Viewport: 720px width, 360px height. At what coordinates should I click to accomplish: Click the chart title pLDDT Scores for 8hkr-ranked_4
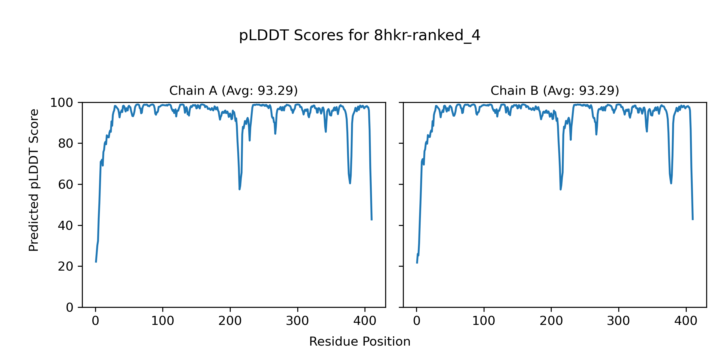360,36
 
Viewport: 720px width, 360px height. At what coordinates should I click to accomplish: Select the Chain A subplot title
233,91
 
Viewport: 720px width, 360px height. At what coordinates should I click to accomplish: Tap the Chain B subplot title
555,91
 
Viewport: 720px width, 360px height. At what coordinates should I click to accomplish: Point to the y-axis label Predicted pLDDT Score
34,180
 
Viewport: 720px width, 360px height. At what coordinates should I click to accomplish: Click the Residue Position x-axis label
360,342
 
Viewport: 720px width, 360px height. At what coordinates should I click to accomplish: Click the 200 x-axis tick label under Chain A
230,321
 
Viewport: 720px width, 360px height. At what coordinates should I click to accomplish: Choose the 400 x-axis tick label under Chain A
365,321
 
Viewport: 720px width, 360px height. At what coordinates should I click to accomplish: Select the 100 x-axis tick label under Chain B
484,321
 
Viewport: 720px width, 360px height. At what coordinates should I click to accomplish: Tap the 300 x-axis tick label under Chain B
618,321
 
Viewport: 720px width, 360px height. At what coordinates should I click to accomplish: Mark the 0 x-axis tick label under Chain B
416,321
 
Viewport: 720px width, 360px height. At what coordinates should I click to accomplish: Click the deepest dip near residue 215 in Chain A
239,189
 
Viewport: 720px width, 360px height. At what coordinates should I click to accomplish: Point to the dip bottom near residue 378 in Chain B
671,184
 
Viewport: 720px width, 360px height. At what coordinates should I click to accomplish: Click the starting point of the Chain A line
96,262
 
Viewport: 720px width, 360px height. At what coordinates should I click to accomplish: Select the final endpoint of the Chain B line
693,220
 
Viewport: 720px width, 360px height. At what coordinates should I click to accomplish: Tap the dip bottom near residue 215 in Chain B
560,190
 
